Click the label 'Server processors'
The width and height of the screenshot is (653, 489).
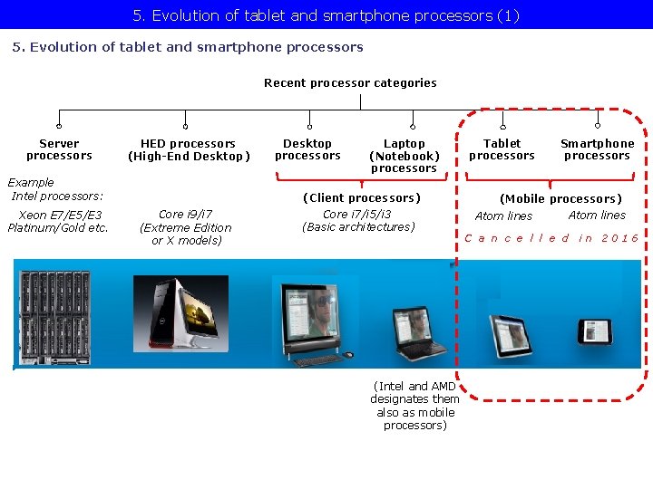pyautogui.click(x=59, y=149)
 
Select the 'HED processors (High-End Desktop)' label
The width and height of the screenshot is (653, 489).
pyautogui.click(x=188, y=149)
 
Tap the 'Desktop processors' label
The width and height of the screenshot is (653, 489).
pyautogui.click(x=307, y=149)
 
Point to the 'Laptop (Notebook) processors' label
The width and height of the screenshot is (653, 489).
pyautogui.click(x=404, y=155)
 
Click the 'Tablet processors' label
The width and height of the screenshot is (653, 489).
pyautogui.click(x=502, y=149)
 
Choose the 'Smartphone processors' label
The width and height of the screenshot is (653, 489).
pyautogui.click(x=597, y=149)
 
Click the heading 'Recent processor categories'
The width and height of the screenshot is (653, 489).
pyautogui.click(x=350, y=82)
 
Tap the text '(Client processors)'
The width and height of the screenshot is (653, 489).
pyautogui.click(x=361, y=197)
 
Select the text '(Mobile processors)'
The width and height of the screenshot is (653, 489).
pyautogui.click(x=560, y=198)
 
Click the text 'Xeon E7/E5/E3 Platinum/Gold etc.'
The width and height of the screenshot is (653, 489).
pyautogui.click(x=58, y=221)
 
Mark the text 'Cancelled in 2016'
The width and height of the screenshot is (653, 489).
pyautogui.click(x=551, y=238)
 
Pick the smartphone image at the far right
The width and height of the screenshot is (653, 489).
pyautogui.click(x=596, y=331)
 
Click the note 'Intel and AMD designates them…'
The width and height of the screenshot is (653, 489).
pyautogui.click(x=414, y=406)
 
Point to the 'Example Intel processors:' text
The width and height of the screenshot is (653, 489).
pyautogui.click(x=56, y=188)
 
